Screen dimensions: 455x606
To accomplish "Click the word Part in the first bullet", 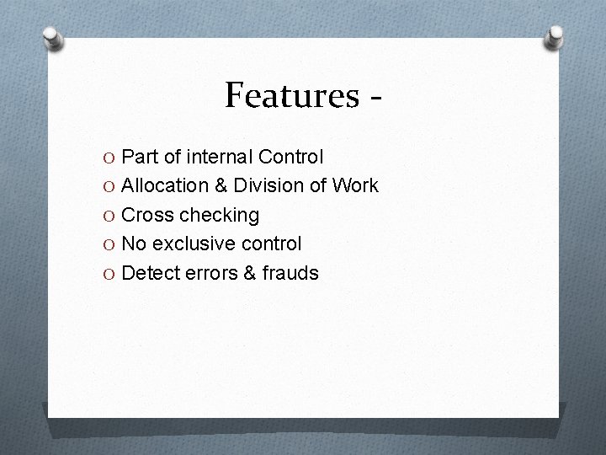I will [x=140, y=157].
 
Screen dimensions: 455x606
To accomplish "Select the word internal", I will [x=219, y=157].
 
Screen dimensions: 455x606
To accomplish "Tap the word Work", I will [x=357, y=185].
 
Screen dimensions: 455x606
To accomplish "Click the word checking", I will [x=217, y=216].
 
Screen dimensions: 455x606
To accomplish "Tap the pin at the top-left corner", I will [x=52, y=39].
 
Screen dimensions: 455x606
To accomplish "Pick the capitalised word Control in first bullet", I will [x=291, y=157].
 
